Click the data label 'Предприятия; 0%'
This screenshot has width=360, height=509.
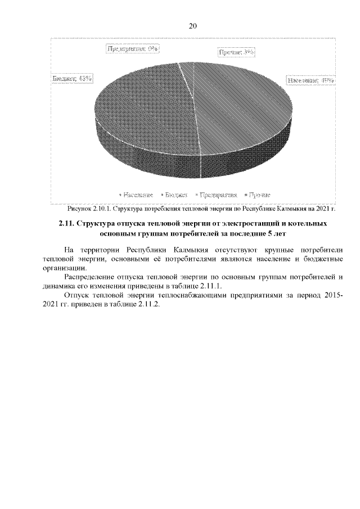pyautogui.click(x=132, y=49)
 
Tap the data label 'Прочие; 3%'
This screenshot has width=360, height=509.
pyautogui.click(x=236, y=52)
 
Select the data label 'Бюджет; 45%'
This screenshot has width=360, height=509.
pyautogui.click(x=73, y=79)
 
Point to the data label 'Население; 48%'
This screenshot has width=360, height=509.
pyautogui.click(x=311, y=80)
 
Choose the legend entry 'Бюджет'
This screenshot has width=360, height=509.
pyautogui.click(x=175, y=195)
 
